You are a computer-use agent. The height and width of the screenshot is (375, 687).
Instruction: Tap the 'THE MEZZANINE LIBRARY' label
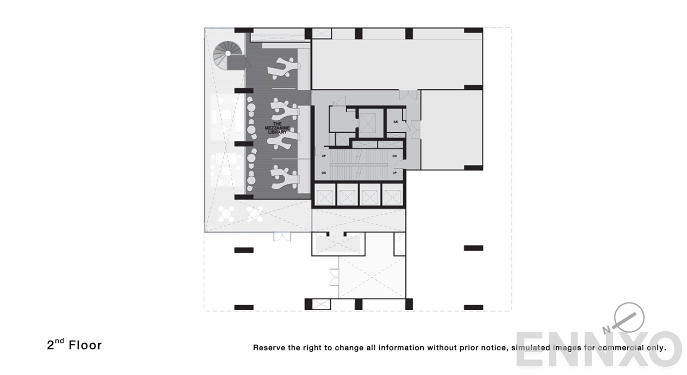(277, 128)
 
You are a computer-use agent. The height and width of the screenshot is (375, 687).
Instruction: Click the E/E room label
(395, 122)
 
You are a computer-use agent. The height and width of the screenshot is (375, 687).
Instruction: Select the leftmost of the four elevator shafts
(325, 197)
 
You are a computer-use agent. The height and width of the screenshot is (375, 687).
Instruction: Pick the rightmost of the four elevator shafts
(392, 197)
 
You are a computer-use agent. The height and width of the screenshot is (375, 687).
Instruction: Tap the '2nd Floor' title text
(74, 345)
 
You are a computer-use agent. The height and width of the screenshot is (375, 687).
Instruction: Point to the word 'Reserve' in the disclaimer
(269, 348)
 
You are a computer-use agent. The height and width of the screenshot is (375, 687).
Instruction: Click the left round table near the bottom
(226, 214)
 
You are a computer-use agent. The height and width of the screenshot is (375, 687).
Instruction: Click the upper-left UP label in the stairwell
(324, 156)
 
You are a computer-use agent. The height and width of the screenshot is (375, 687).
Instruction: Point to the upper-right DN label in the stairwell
(395, 156)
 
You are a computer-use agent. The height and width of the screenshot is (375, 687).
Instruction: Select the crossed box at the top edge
(322, 33)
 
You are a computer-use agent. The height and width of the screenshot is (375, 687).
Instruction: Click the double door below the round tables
(282, 237)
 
